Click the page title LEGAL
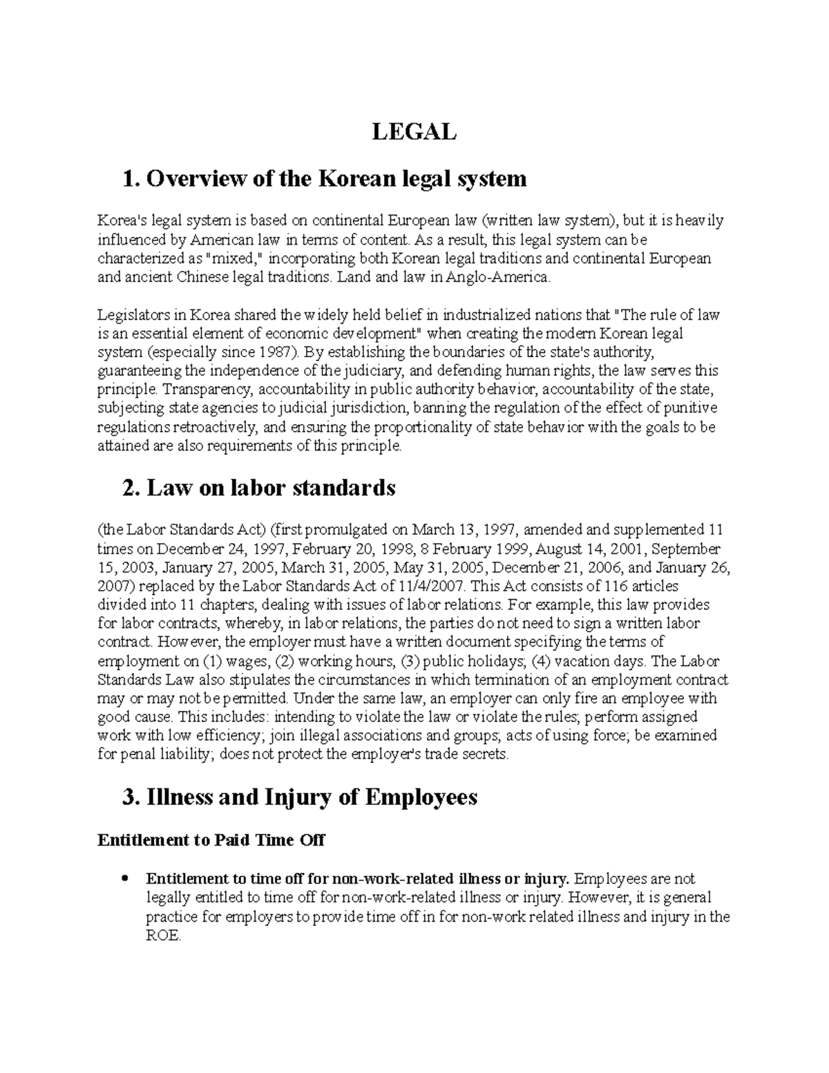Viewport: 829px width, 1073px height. tap(414, 131)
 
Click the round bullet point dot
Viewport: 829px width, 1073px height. tap(124, 880)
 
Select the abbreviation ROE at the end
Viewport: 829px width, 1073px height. tap(162, 936)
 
